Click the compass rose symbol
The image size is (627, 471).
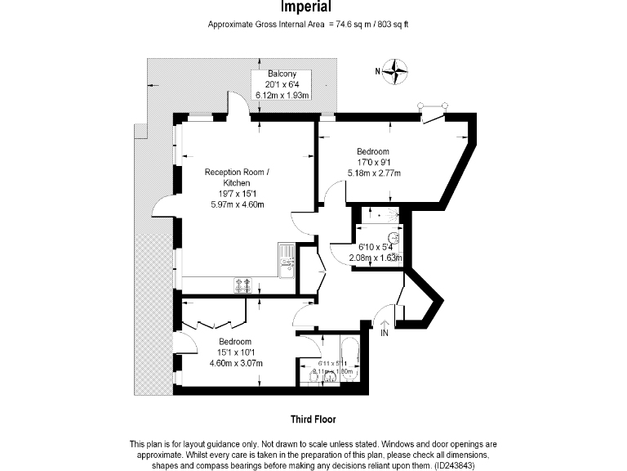tap(398, 71)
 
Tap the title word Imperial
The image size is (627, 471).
tap(306, 8)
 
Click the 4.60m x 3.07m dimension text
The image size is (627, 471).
tap(236, 363)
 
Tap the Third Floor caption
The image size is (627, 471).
tap(313, 419)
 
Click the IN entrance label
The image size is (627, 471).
tap(385, 333)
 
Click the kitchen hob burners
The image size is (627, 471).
tap(242, 285)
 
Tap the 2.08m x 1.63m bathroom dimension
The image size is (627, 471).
tap(376, 258)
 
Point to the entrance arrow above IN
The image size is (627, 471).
tap(385, 322)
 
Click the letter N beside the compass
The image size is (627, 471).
tap(378, 71)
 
